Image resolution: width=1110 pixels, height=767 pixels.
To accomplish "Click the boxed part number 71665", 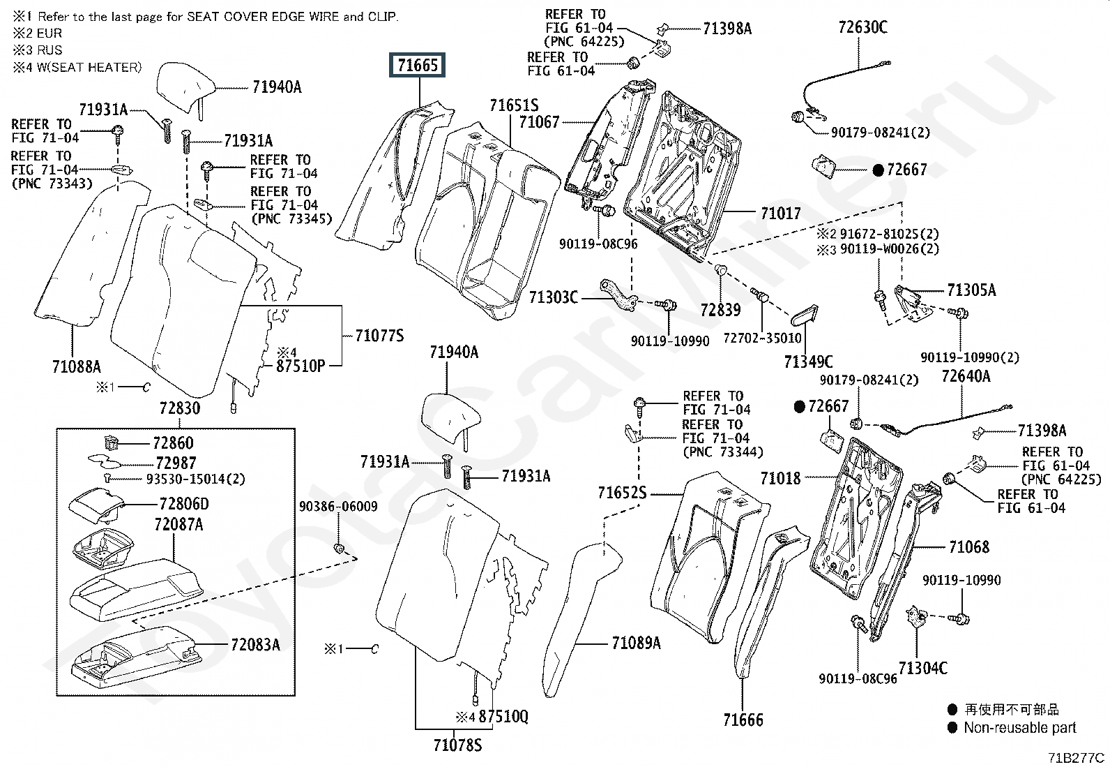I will [418, 66].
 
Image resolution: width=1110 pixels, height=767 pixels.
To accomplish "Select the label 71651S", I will [514, 105].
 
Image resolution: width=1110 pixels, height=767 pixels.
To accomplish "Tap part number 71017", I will [781, 213].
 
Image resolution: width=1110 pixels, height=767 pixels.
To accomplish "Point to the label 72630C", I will [862, 27].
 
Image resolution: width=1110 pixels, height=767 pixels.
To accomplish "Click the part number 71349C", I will [808, 362].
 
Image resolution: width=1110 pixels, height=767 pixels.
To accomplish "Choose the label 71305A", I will [971, 290].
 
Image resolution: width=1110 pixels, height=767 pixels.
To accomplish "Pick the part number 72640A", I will [966, 376].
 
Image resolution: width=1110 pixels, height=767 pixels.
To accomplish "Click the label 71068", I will [969, 546].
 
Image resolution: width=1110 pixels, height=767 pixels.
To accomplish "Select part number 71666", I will [743, 720].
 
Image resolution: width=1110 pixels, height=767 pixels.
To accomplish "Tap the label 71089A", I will [636, 643].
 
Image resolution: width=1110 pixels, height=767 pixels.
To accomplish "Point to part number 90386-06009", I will [338, 507].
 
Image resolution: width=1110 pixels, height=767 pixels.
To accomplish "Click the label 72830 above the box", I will [179, 408].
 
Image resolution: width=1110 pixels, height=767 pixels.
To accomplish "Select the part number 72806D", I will [183, 504].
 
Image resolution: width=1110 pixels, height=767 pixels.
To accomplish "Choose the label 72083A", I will [255, 644].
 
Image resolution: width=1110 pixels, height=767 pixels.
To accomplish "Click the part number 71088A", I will [77, 366].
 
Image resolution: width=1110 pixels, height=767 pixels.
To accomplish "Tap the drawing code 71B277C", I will [1075, 757].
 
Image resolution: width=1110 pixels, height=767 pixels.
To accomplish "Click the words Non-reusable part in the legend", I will [1019, 728].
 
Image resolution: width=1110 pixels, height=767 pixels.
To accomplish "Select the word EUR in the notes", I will [49, 33].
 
